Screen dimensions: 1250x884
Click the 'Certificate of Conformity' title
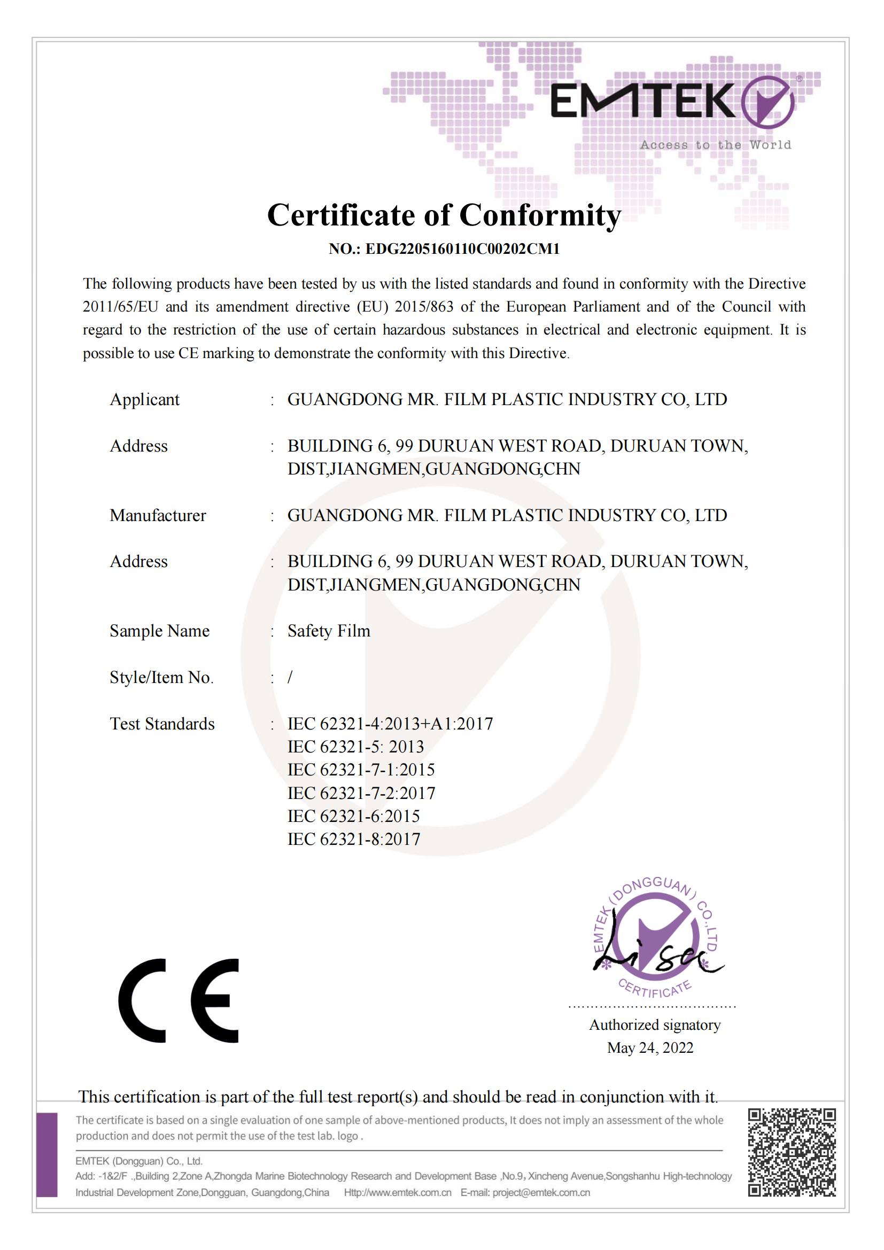(444, 215)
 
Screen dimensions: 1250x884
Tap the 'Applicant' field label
(144, 400)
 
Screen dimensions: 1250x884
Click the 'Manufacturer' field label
(158, 516)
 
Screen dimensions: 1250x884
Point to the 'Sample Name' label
(159, 631)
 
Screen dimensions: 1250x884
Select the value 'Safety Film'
(329, 631)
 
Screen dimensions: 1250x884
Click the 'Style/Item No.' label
(161, 677)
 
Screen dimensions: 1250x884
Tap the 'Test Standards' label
(162, 724)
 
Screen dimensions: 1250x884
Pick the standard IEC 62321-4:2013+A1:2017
(390, 724)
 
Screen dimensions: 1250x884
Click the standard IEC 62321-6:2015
(354, 817)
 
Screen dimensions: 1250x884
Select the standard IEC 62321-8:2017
(354, 840)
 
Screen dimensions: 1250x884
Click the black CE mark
(179, 1000)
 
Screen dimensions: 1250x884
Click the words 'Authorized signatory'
(655, 1025)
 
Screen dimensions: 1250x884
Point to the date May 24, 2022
(650, 1048)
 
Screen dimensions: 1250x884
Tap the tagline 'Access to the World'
(715, 145)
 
